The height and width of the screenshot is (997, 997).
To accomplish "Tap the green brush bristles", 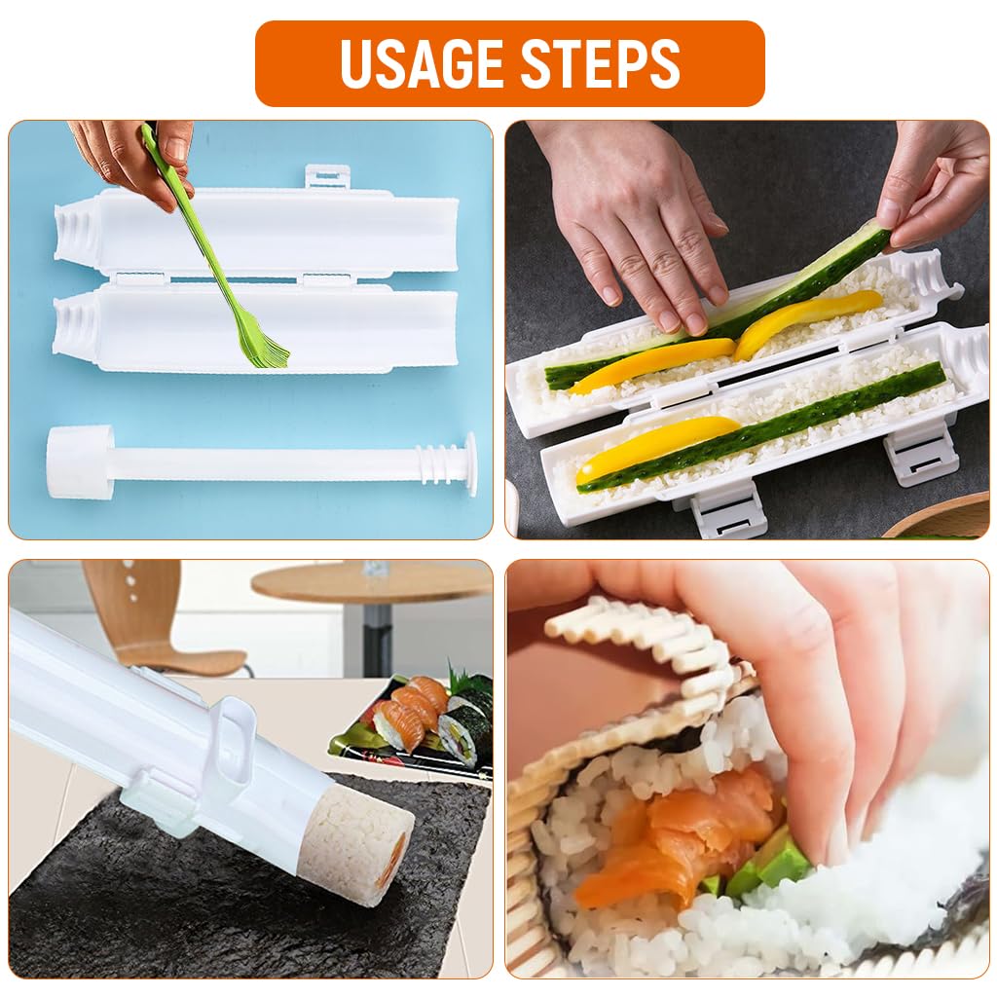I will click(265, 347).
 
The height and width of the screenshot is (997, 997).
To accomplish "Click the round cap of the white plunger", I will click(79, 462).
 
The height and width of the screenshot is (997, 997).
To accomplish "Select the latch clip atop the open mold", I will click(327, 176).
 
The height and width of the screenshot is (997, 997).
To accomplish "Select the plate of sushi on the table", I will click(414, 725).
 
